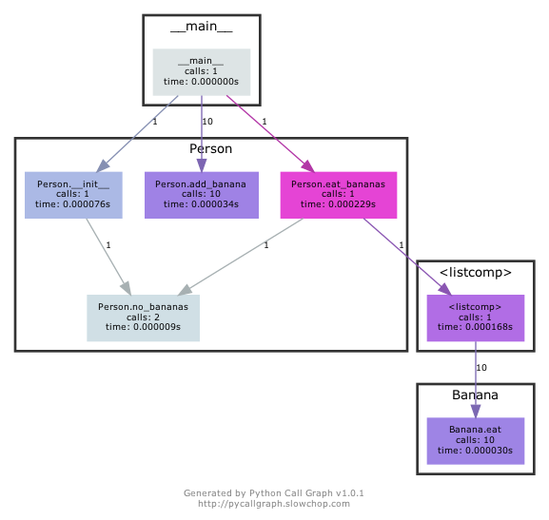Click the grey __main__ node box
pos(201,72)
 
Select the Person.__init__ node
pos(72,194)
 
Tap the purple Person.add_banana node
pos(201,194)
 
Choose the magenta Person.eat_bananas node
pos(339,194)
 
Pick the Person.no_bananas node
pos(143,318)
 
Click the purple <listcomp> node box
pos(474,318)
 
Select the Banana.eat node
pos(474,440)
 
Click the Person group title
pos(210,149)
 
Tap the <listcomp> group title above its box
pos(474,273)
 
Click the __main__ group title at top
pos(201,27)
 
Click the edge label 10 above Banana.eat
pos(481,367)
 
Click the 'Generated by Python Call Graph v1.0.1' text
pos(274,493)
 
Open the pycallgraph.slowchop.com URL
pos(274,504)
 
